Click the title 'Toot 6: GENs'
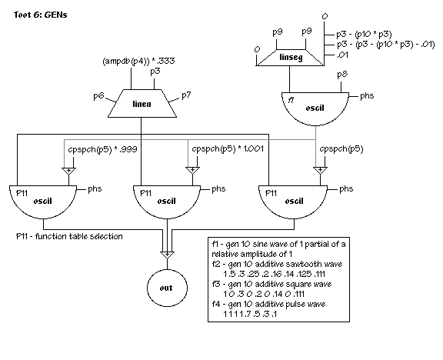click(41, 15)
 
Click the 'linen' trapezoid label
click(142, 104)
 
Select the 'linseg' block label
click(291, 58)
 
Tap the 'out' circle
click(167, 288)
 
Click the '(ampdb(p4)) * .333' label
click(138, 61)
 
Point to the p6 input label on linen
click(98, 96)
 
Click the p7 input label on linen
click(186, 95)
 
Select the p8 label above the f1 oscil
click(342, 75)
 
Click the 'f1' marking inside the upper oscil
click(291, 100)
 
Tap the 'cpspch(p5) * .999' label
click(102, 149)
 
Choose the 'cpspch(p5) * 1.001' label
click(228, 148)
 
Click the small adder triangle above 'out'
click(167, 255)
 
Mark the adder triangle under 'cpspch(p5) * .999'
click(69, 171)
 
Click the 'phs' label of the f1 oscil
click(367, 96)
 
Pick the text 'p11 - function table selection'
click(69, 236)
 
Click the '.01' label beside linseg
click(342, 55)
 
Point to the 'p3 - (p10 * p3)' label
click(364, 35)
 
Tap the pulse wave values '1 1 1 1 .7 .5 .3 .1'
click(250, 314)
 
